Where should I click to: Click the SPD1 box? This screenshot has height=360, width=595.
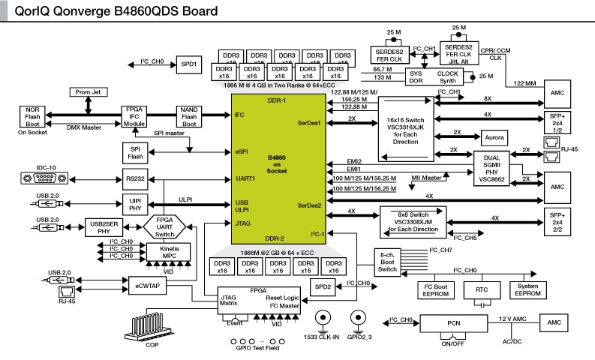point(189,65)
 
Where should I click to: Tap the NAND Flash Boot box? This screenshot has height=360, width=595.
point(188,115)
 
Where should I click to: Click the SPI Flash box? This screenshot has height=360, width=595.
point(136,151)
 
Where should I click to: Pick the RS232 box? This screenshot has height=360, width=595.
point(136,178)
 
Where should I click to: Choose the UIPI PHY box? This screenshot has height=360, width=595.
point(136,204)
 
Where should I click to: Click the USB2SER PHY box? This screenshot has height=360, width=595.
point(101,227)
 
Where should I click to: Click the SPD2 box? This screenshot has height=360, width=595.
point(323,287)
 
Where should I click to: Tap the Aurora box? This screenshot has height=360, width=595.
point(494,139)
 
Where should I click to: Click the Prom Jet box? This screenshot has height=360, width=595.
point(89,92)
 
